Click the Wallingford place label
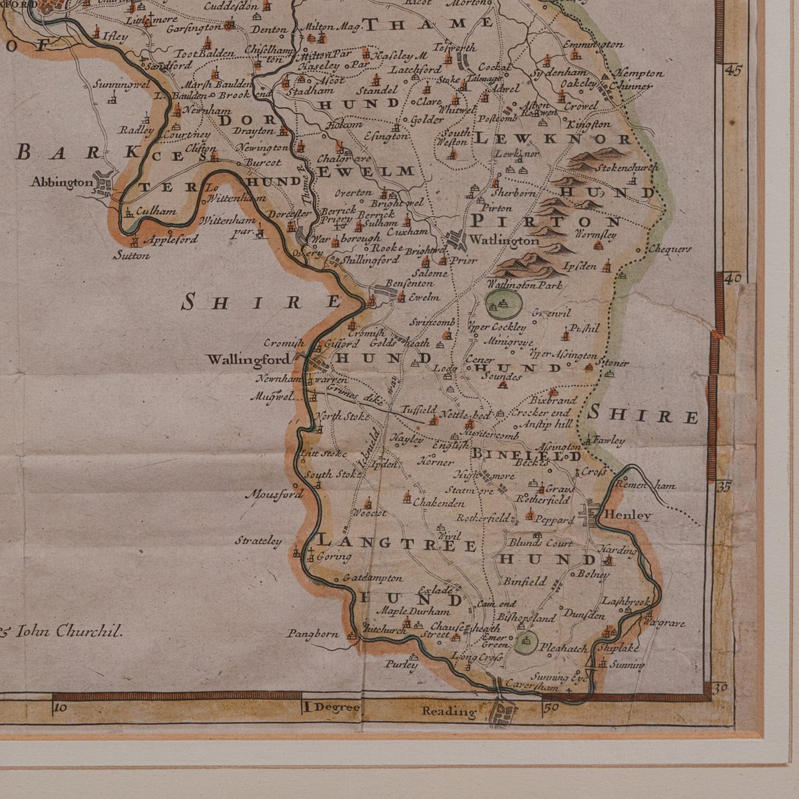pos(248,360)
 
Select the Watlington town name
pos(504,240)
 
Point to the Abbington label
pos(61,182)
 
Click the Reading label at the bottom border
pos(449,712)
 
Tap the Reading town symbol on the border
pos(503,713)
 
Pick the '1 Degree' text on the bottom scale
pos(331,707)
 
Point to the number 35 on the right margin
pos(724,487)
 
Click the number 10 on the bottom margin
pos(60,708)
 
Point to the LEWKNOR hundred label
pos(553,139)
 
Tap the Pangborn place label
pos(313,634)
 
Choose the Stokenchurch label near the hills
pos(627,168)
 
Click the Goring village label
pos(334,556)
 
